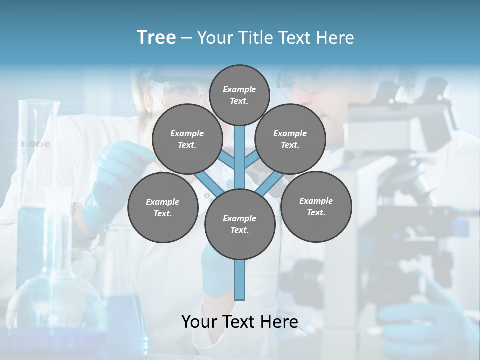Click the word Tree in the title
tap(156, 38)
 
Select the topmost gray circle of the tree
tap(239, 95)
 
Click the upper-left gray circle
tap(187, 139)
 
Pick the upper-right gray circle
tap(290, 139)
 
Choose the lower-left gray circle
tap(162, 207)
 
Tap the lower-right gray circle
tap(316, 206)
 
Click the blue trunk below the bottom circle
tap(240, 280)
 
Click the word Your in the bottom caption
tap(199, 321)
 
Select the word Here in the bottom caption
tap(280, 321)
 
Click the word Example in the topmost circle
tap(239, 90)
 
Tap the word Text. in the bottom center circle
tap(240, 230)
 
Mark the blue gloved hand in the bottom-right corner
tap(425, 320)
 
